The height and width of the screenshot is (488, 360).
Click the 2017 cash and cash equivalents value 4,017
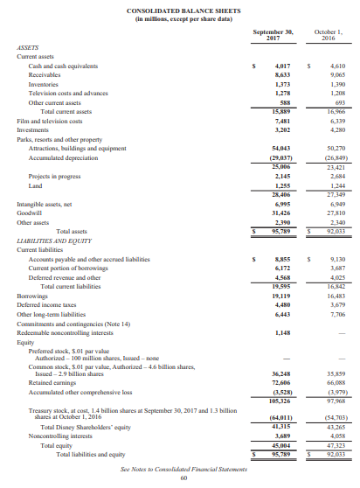pyautogui.click(x=282, y=66)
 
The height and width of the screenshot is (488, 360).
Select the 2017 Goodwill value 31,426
pyautogui.click(x=280, y=212)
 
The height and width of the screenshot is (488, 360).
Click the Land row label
pyautogui.click(x=36, y=185)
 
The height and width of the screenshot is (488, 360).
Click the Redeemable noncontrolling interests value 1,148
pyautogui.click(x=282, y=333)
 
